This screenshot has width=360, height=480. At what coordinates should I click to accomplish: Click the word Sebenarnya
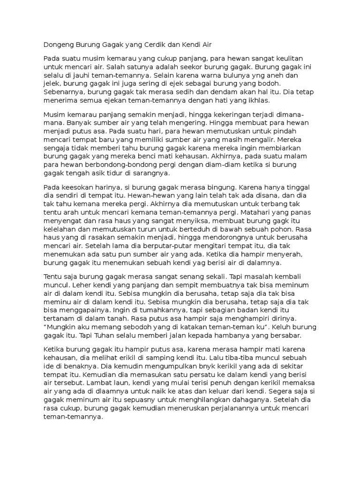pos(64,92)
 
